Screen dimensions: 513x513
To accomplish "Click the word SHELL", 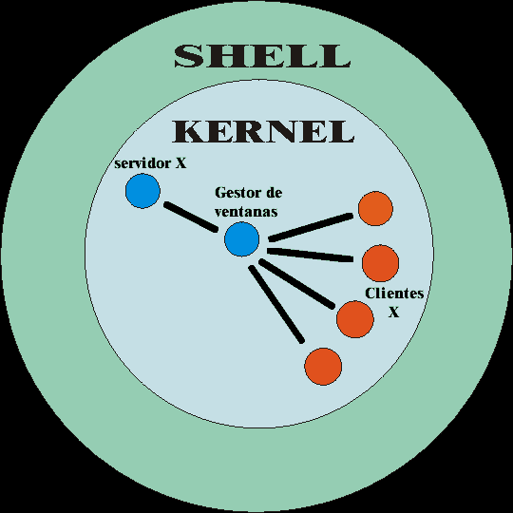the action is click(262, 56).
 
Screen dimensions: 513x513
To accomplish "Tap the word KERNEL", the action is click(263, 131).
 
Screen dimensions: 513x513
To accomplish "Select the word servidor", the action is click(142, 163).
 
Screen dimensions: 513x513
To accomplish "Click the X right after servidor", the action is click(180, 163).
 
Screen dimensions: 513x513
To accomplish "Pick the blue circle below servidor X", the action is click(142, 191).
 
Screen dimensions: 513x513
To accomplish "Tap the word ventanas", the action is click(246, 212).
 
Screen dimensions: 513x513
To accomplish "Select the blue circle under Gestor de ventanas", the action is click(242, 239).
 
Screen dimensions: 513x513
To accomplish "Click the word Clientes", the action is click(394, 294).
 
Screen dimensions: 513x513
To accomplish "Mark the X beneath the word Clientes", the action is click(394, 313).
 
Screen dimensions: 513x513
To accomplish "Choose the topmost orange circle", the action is click(375, 209).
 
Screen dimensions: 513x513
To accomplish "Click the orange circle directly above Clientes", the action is click(381, 263).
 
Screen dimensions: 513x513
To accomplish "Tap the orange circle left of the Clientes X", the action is click(355, 319).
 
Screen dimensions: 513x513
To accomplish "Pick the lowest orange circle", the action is click(323, 367).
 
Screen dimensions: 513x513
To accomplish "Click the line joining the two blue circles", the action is click(191, 217).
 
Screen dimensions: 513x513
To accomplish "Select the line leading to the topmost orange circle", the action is click(311, 227).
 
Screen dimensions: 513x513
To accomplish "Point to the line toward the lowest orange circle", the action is click(276, 304).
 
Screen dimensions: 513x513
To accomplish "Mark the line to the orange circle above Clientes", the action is click(310, 256).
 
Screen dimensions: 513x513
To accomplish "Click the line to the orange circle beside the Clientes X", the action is click(296, 284).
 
